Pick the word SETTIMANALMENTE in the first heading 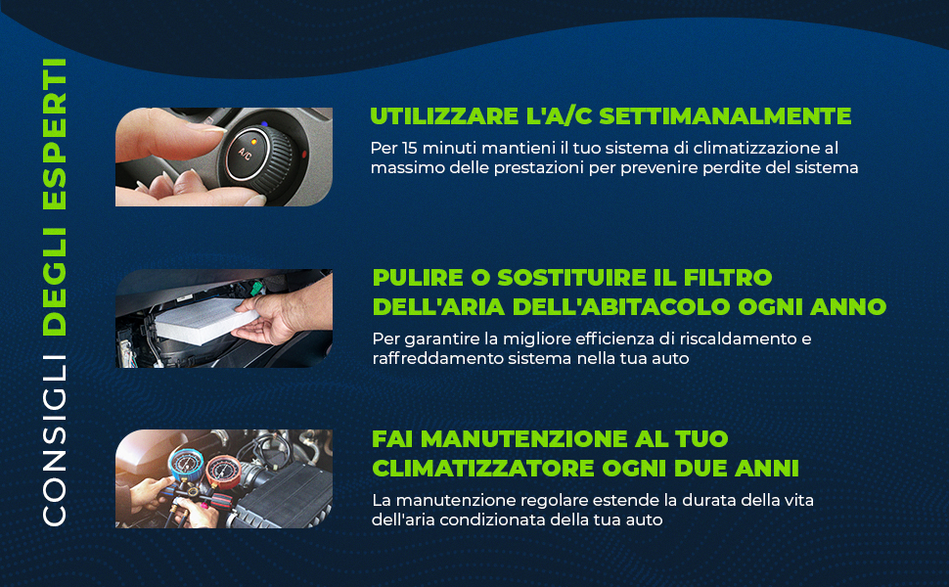725,116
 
